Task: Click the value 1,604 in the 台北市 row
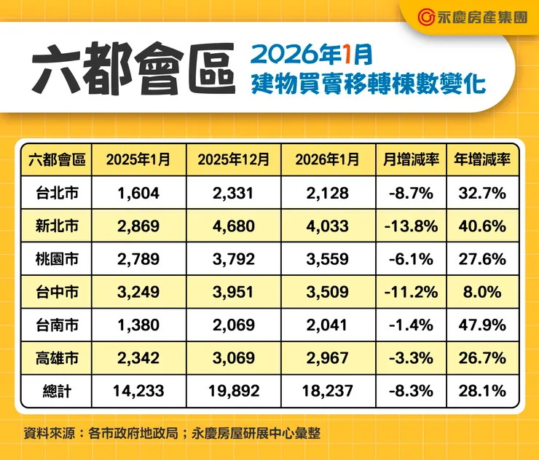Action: point(138,193)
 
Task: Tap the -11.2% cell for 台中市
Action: point(410,292)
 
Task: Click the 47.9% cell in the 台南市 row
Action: point(481,325)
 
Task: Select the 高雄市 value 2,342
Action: point(138,358)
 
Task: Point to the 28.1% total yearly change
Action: point(481,392)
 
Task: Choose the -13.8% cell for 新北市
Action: point(410,226)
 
